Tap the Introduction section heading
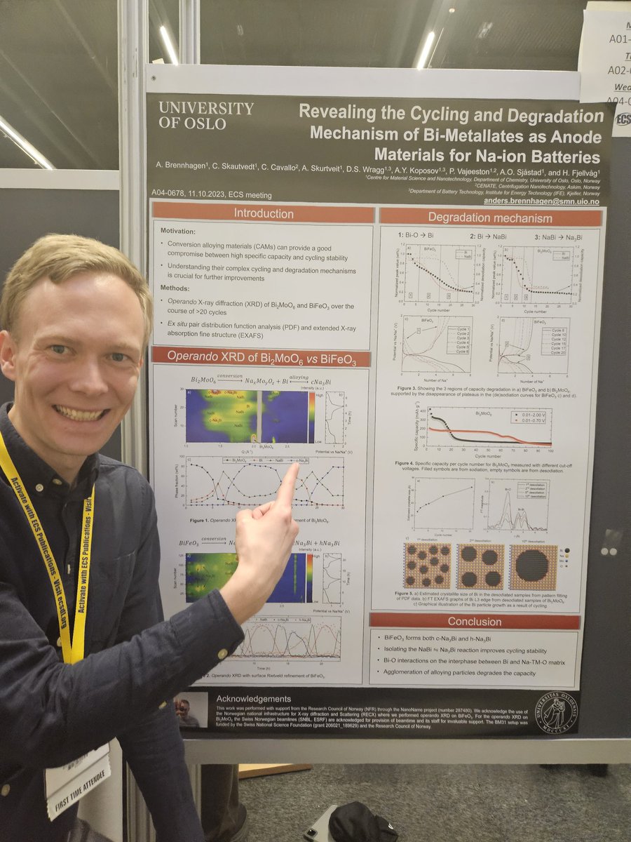263,213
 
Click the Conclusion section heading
475,621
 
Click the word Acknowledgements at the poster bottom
253,699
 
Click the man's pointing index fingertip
292,469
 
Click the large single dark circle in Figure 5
534,566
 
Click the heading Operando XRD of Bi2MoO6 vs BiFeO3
260,356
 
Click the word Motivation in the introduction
184,230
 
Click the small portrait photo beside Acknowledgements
191,710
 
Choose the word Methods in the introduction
179,288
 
